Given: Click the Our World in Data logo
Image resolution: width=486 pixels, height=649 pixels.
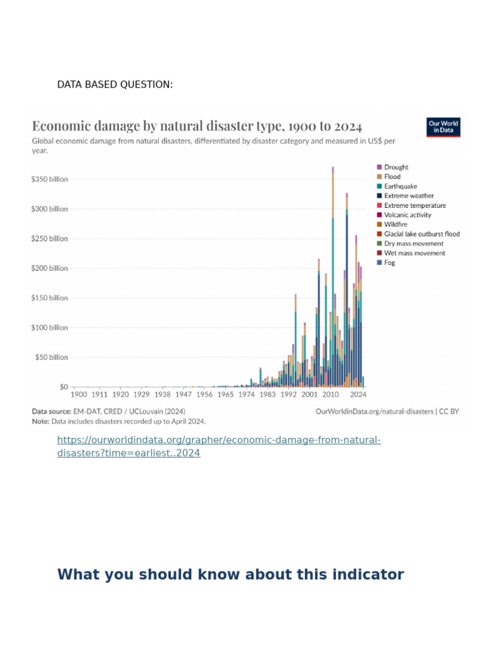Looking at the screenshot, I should (x=443, y=127).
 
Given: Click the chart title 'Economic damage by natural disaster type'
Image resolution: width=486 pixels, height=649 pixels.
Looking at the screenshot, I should (x=197, y=125).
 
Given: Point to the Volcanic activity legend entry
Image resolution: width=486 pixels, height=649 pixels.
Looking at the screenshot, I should (x=407, y=215).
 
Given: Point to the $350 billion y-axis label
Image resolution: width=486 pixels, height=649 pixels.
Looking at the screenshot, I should (x=49, y=179).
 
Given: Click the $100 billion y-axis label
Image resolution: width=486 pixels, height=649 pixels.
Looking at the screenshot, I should (x=49, y=328).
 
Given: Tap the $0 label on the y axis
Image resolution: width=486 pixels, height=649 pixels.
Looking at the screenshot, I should (x=63, y=387).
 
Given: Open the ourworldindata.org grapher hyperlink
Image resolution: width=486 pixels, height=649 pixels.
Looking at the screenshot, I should (x=219, y=447).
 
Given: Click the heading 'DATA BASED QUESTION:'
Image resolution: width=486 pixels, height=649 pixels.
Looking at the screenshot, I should (x=115, y=85).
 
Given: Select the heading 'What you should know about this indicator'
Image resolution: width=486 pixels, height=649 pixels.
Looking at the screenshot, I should (x=230, y=575).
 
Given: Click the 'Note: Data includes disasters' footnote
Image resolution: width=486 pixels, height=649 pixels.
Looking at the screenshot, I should (x=118, y=421).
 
